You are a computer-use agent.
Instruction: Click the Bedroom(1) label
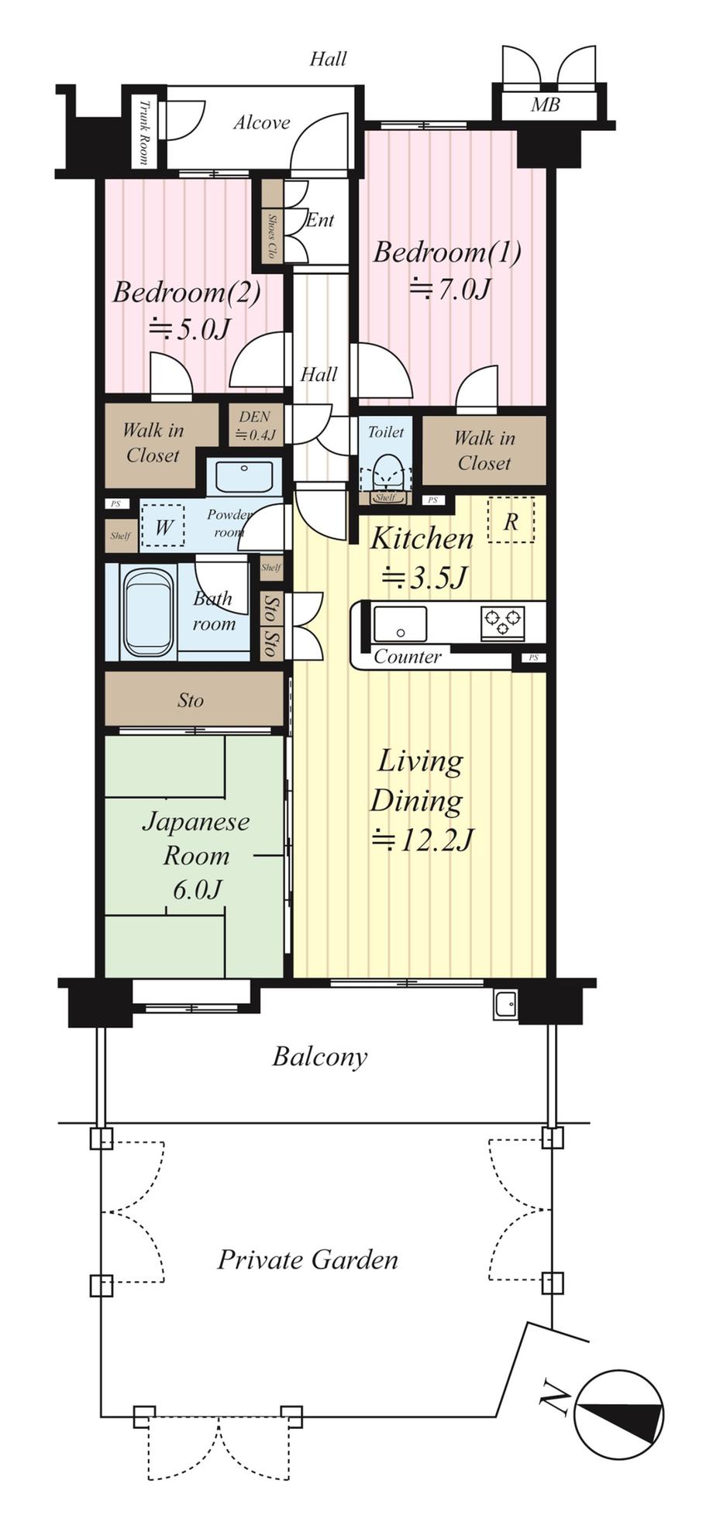click(x=447, y=252)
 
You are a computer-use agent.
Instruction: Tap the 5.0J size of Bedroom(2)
click(x=190, y=329)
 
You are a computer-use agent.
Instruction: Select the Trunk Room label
click(x=143, y=132)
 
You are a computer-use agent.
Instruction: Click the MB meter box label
click(x=546, y=105)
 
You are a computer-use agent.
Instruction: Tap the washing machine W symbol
click(x=163, y=527)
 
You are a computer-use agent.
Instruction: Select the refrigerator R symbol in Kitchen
click(x=511, y=520)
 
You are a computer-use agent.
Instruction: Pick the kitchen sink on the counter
click(x=400, y=623)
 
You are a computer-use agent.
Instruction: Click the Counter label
click(x=408, y=657)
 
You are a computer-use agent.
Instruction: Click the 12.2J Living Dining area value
click(x=423, y=840)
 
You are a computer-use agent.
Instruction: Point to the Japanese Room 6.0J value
click(x=197, y=890)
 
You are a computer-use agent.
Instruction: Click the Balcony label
click(x=319, y=1057)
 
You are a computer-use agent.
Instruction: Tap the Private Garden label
click(x=308, y=1259)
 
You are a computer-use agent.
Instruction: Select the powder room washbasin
click(x=244, y=477)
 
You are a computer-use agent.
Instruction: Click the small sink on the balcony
click(x=506, y=1005)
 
